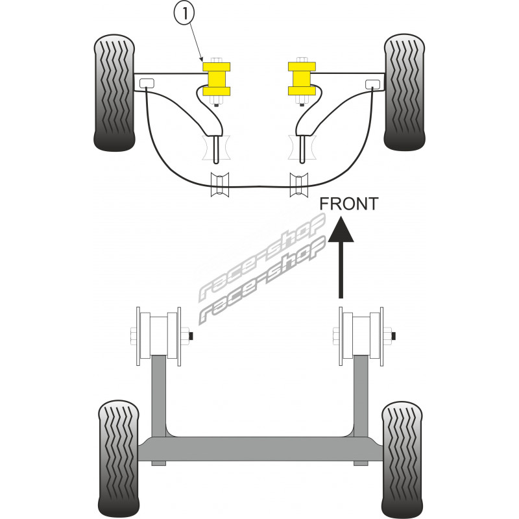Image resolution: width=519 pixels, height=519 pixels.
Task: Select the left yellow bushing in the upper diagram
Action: tap(217, 78)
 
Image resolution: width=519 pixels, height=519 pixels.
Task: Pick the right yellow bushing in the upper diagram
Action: tap(300, 78)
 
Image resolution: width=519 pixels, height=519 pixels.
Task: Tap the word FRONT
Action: tap(349, 204)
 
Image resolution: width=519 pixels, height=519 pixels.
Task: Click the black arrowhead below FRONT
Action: tap(341, 230)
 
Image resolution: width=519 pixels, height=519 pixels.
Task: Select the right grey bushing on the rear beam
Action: tap(361, 335)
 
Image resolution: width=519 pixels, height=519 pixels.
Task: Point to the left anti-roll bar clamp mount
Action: tap(218, 184)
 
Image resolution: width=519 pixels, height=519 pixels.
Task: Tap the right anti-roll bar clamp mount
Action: tap(298, 184)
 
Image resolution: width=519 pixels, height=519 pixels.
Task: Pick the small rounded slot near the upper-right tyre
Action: tap(372, 83)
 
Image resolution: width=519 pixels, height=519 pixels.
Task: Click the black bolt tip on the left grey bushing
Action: tap(193, 335)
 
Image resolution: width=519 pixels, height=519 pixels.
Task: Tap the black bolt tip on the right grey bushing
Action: tap(396, 335)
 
